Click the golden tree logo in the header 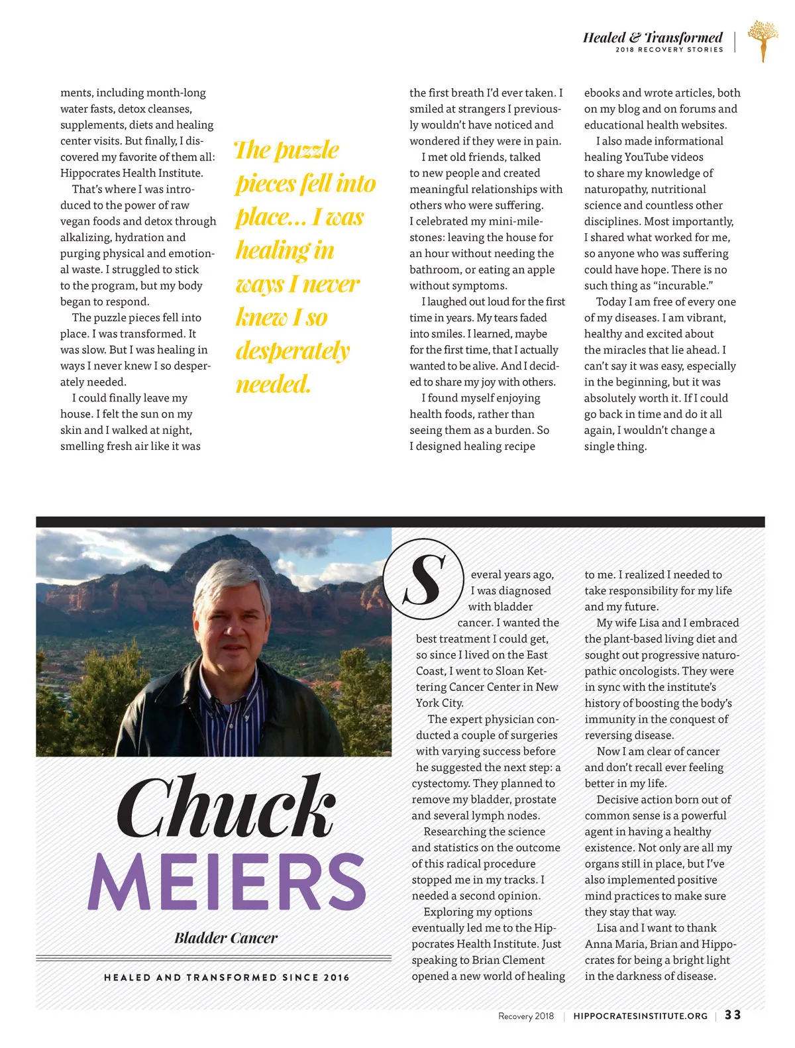(x=763, y=39)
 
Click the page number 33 (x=733, y=1015)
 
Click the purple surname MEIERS (x=227, y=882)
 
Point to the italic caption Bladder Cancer (x=226, y=937)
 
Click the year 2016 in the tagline (x=337, y=977)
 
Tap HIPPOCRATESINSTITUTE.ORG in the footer (x=640, y=1016)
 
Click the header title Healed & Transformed (x=653, y=37)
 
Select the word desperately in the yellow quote (x=292, y=350)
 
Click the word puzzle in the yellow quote (x=307, y=150)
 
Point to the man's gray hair (x=232, y=583)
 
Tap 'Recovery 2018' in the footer (x=526, y=1016)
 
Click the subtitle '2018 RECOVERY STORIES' (x=669, y=50)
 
